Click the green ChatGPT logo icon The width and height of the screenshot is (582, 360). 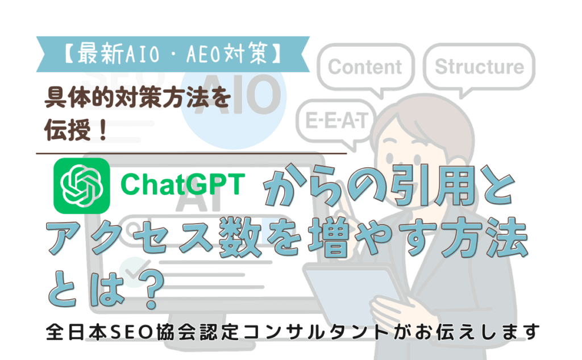[82, 186]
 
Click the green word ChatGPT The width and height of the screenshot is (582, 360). [182, 184]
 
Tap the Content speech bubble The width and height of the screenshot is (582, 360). [365, 69]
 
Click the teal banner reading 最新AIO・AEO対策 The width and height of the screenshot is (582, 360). [173, 54]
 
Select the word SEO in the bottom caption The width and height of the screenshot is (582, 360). [132, 332]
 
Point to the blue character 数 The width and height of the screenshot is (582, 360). [240, 237]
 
